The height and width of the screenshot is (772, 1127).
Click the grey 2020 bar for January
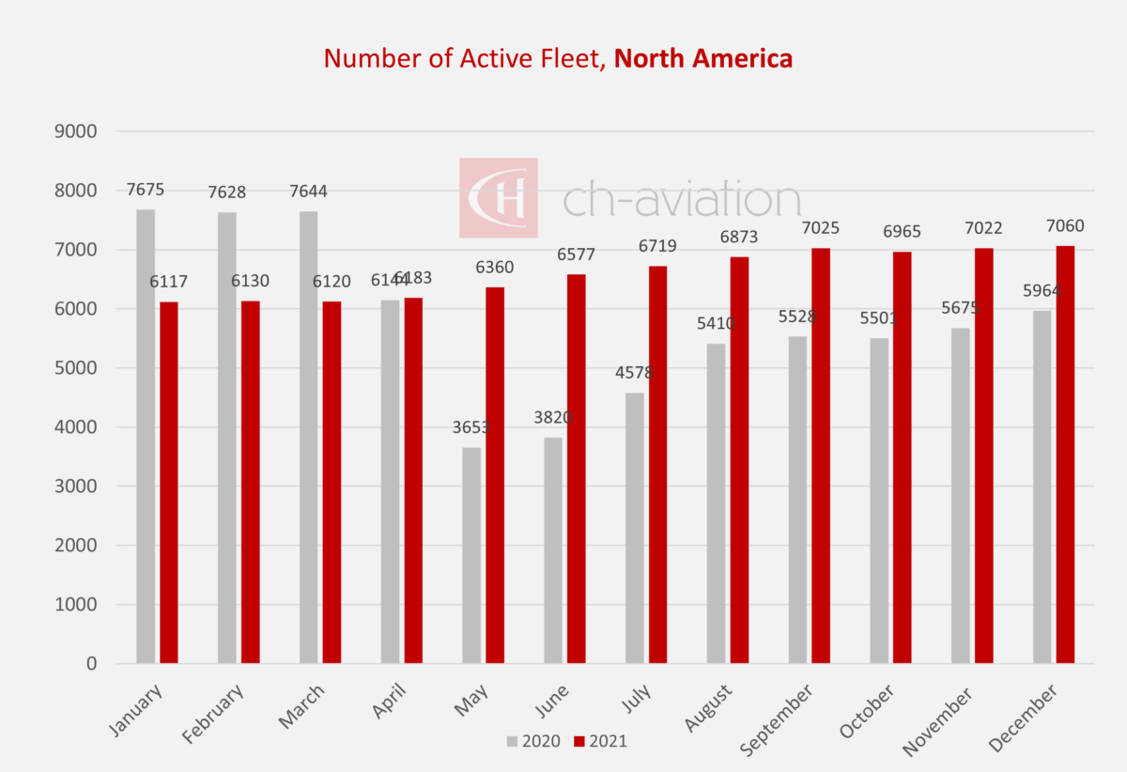click(x=146, y=437)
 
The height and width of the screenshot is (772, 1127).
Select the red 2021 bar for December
click(x=1066, y=455)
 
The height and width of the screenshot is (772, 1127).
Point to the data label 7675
click(x=146, y=190)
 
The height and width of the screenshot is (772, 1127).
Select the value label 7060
click(x=1065, y=226)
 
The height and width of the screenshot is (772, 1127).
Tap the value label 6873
click(x=739, y=238)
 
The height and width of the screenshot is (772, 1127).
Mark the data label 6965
click(x=902, y=232)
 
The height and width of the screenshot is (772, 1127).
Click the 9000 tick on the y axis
click(x=78, y=131)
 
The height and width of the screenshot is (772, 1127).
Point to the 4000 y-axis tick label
click(x=78, y=427)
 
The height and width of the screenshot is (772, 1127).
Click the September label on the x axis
click(x=777, y=719)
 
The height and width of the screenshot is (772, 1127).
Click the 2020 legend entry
click(x=533, y=742)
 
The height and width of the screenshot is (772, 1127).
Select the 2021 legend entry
click(x=599, y=742)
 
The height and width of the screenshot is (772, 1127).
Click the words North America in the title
click(x=703, y=58)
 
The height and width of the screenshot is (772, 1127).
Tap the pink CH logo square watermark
click(x=498, y=197)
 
